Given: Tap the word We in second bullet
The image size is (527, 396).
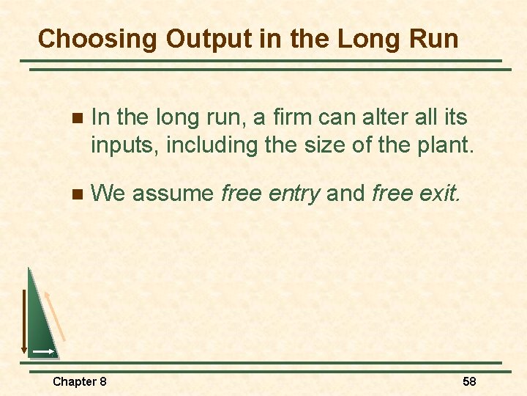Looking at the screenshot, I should pyautogui.click(x=108, y=194).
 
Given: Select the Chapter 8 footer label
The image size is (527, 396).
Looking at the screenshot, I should pyautogui.click(x=80, y=381).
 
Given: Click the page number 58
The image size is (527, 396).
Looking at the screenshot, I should pyautogui.click(x=469, y=381).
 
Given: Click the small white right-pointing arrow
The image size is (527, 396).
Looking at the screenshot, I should pyautogui.click(x=43, y=353).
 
